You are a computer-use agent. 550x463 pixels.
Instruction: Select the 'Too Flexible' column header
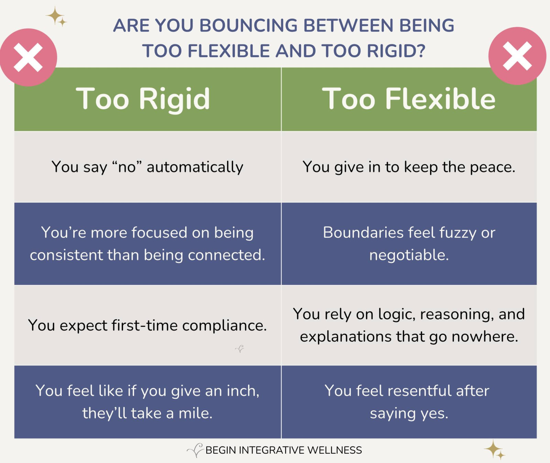(409, 99)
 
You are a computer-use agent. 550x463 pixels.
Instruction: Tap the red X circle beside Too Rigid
(28, 57)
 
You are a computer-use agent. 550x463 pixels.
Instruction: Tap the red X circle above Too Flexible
(517, 56)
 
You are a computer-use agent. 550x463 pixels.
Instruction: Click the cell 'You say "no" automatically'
(147, 167)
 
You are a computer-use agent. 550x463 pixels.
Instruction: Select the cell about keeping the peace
(409, 167)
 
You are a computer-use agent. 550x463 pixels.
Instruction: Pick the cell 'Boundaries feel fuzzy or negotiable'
(409, 244)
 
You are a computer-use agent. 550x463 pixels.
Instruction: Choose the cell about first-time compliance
(147, 325)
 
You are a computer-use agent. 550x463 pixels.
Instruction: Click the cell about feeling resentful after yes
(409, 402)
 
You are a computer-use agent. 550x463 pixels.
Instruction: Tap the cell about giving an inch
(147, 402)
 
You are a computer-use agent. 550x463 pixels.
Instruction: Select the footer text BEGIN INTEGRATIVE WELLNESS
(284, 450)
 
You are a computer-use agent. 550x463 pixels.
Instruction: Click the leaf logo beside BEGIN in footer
(195, 450)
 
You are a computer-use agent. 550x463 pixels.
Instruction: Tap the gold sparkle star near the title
(56, 16)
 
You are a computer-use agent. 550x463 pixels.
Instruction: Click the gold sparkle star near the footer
(495, 450)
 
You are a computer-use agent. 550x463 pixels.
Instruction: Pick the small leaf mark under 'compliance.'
(240, 349)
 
